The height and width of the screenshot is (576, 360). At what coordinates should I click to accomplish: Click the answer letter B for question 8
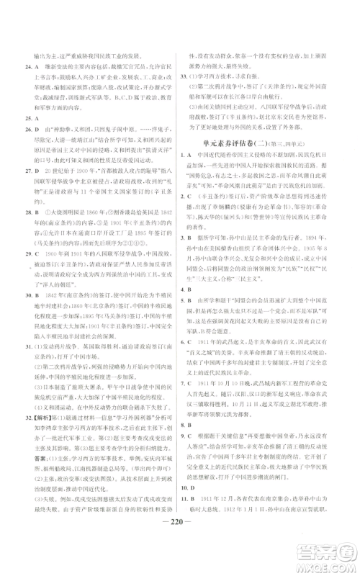coord(204,420)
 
